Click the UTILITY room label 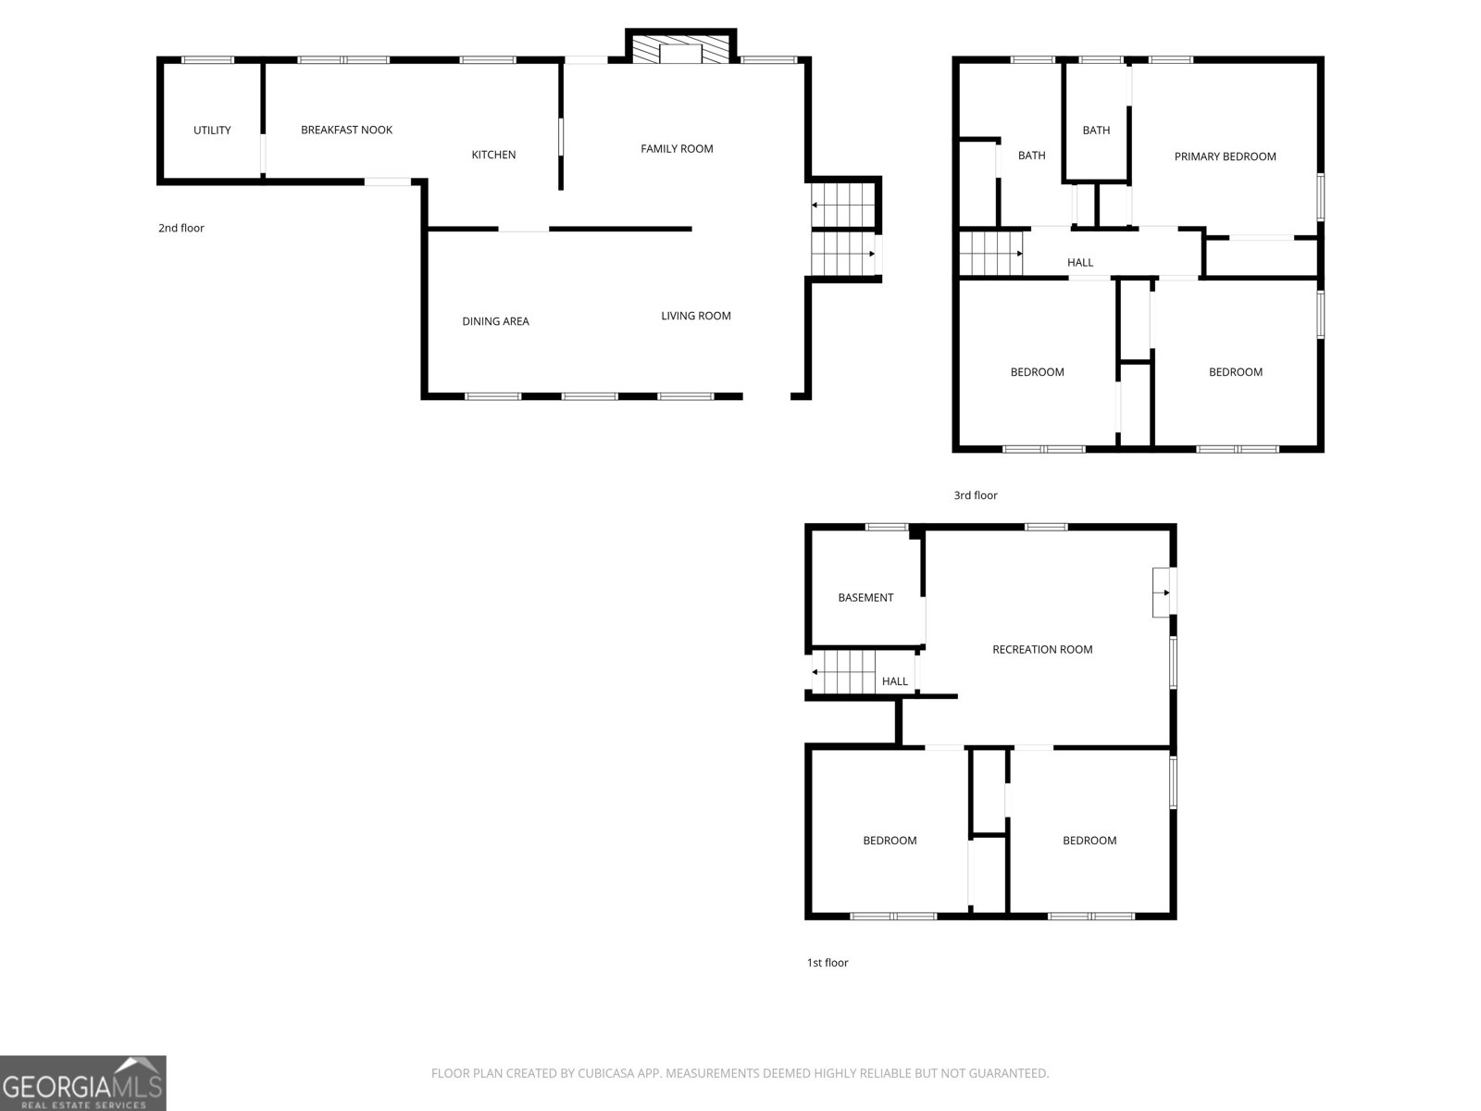pos(212,131)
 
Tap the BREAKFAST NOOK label pos(346,130)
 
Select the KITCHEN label pos(493,155)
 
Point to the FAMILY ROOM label pos(677,148)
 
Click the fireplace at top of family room pos(680,47)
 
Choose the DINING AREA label pos(495,321)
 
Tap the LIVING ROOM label pos(696,316)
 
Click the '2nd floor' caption pos(180,228)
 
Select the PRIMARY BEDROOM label pos(1225,156)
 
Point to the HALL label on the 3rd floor pos(1079,262)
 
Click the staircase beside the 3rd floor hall pos(990,254)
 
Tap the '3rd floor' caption pos(975,495)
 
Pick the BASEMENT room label pos(865,598)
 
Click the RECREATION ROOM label pos(1041,650)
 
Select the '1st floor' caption pos(828,963)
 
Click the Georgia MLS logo pos(83,1082)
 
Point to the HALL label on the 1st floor pos(895,681)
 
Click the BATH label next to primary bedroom pos(1096,131)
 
